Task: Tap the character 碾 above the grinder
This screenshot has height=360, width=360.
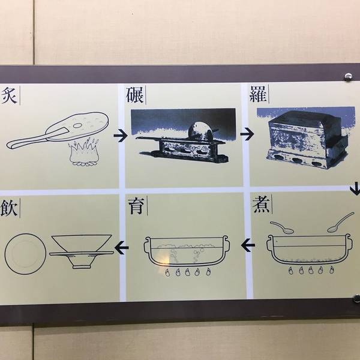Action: (x=135, y=95)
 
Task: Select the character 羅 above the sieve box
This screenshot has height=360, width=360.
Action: (x=258, y=94)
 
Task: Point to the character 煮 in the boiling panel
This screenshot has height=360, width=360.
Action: (x=261, y=205)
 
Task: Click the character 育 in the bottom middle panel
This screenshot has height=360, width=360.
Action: (x=136, y=206)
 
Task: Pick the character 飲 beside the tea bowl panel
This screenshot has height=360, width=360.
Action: (x=9, y=208)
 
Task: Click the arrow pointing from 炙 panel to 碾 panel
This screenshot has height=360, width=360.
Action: (x=121, y=136)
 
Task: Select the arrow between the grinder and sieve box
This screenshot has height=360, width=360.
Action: (x=247, y=134)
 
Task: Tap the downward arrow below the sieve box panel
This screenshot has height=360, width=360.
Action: (x=355, y=188)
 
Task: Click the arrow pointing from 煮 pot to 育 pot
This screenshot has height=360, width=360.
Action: (x=248, y=245)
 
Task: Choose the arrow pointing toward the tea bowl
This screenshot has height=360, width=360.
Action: (x=121, y=248)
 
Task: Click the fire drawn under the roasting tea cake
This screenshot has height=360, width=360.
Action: (x=84, y=152)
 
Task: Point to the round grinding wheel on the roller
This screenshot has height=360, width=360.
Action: (x=200, y=131)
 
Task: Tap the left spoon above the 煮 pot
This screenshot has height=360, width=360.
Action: (x=282, y=227)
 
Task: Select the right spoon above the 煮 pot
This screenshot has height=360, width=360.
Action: (x=341, y=222)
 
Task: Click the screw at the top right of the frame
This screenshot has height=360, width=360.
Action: (x=348, y=76)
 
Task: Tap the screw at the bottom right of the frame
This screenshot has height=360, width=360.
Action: (x=356, y=298)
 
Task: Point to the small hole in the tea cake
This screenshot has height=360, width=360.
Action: (x=77, y=125)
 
